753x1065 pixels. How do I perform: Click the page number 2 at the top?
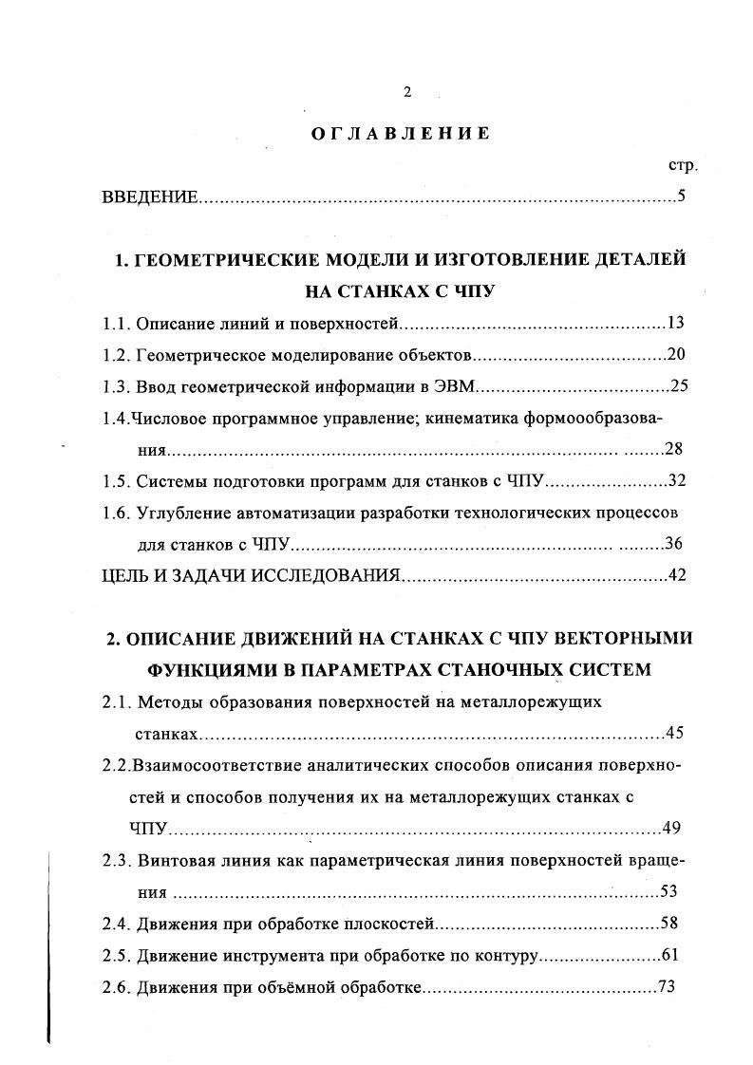pyautogui.click(x=407, y=92)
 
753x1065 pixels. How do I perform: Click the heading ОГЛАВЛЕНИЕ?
pyautogui.click(x=402, y=134)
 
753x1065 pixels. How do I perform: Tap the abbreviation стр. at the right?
pyautogui.click(x=683, y=166)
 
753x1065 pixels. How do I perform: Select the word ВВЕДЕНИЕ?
pyautogui.click(x=150, y=198)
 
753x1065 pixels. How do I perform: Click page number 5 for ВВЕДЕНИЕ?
pyautogui.click(x=682, y=197)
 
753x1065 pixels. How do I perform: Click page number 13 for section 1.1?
pyautogui.click(x=676, y=323)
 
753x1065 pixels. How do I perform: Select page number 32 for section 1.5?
pyautogui.click(x=676, y=480)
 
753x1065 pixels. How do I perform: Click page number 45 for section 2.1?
pyautogui.click(x=675, y=733)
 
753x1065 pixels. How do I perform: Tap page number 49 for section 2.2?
pyautogui.click(x=672, y=828)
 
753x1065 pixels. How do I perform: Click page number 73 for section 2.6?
pyautogui.click(x=666, y=986)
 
